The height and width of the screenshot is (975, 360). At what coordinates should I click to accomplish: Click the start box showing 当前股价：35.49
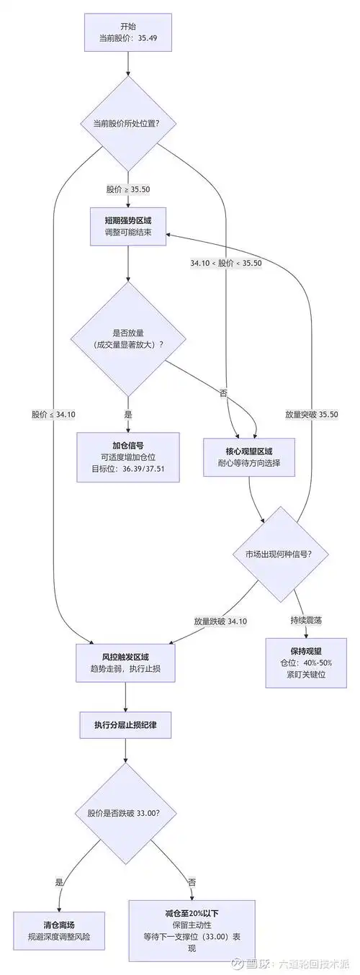coord(128,32)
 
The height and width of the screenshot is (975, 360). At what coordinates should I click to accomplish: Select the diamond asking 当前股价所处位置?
coord(128,123)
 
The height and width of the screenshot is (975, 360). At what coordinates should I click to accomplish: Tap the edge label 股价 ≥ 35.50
coord(128,189)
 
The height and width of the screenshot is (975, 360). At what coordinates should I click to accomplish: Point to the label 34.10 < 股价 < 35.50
coord(225,264)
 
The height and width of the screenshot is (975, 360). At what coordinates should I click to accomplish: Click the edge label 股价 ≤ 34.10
coord(53,414)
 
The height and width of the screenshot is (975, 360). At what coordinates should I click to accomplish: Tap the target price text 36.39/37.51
coord(144,469)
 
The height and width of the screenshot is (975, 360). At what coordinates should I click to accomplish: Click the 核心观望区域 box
coord(249,457)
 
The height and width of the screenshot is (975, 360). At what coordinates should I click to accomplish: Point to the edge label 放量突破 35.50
coord(311,414)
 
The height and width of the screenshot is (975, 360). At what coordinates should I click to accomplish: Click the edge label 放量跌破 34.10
coord(220,621)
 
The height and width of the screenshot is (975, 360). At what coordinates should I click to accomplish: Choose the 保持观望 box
coord(306,662)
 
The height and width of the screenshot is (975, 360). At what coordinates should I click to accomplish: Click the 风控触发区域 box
coord(125,662)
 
